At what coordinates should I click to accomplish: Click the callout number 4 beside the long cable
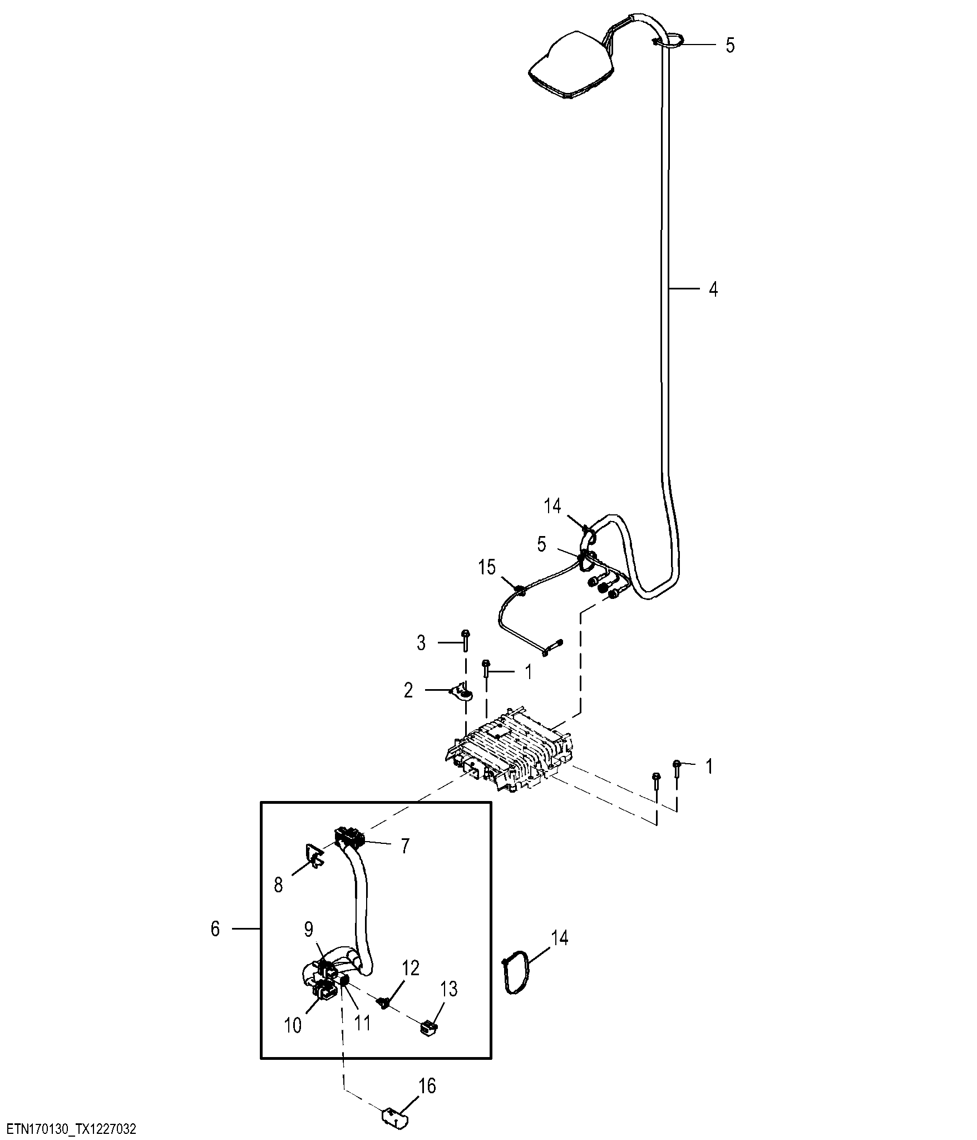(713, 289)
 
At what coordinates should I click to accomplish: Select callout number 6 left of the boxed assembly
(215, 929)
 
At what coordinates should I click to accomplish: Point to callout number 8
(278, 900)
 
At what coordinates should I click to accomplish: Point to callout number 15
(487, 568)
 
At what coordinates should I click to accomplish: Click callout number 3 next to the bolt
(421, 643)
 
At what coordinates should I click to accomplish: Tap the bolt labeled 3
(466, 640)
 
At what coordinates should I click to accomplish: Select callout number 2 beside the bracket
(408, 691)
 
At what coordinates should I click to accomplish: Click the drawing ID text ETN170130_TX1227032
(71, 1129)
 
